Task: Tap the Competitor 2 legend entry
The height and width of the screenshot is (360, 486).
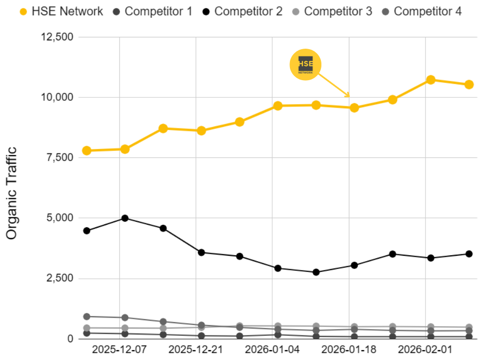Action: (242, 11)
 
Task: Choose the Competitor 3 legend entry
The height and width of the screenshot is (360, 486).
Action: (332, 11)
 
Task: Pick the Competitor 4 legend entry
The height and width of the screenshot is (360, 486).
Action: (422, 11)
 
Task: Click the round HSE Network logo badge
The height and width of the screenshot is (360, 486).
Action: (305, 64)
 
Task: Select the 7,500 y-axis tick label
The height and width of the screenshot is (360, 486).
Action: (58, 158)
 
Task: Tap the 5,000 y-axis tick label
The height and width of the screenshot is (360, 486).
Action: (58, 218)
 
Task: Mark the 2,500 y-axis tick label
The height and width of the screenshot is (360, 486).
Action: (58, 278)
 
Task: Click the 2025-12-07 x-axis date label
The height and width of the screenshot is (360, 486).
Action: (119, 350)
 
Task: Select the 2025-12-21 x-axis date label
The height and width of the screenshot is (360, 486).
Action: (196, 350)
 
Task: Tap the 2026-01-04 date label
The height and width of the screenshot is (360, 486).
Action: (272, 350)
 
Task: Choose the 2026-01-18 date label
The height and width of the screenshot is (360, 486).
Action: (349, 350)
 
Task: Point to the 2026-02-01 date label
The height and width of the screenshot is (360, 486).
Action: (425, 350)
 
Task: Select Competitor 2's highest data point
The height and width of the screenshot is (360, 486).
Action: (125, 218)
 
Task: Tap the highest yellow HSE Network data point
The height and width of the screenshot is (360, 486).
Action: (430, 80)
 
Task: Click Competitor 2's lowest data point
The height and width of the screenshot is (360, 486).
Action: (316, 272)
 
